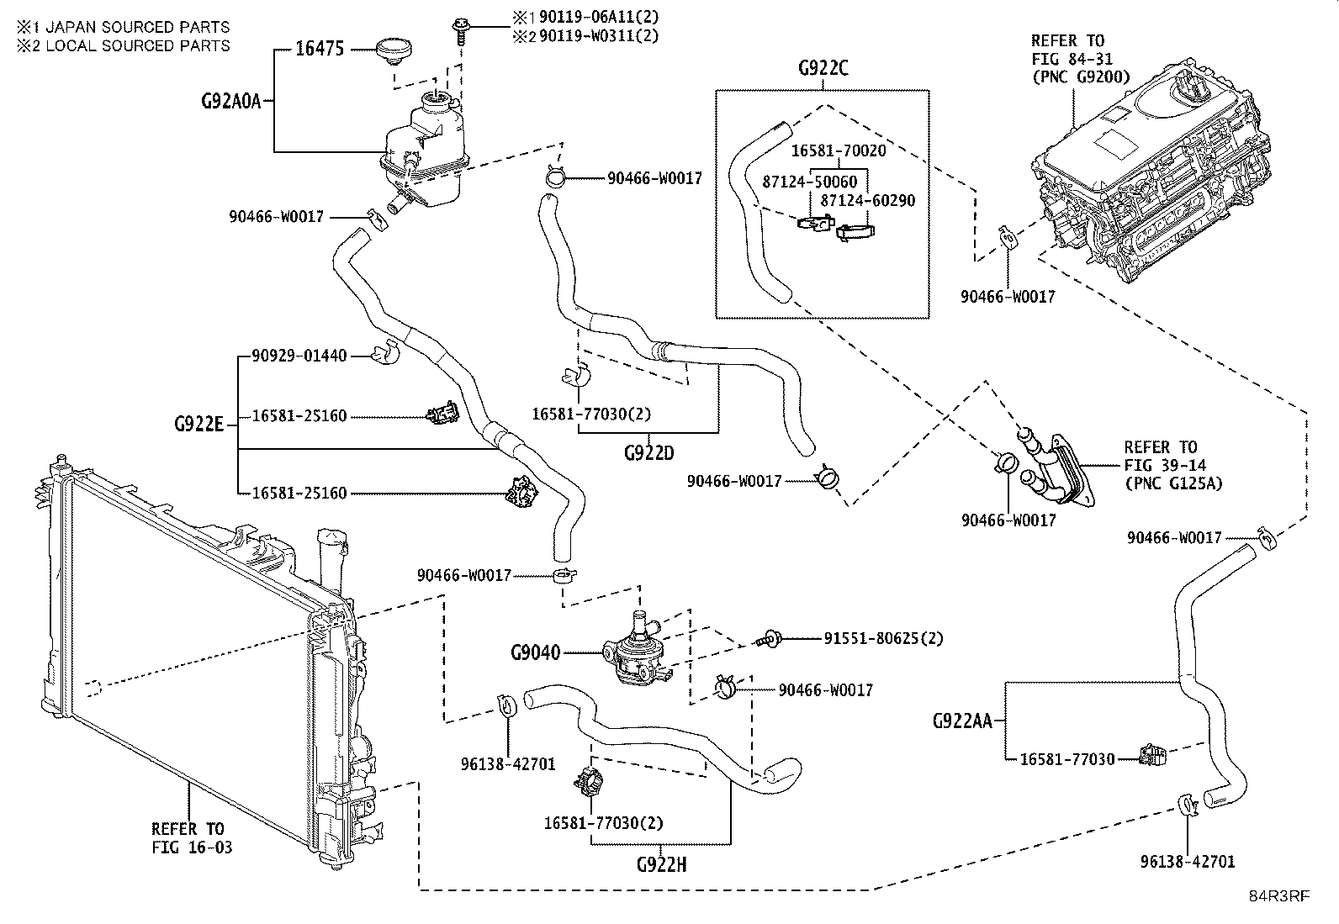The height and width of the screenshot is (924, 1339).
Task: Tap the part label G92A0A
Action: (x=231, y=101)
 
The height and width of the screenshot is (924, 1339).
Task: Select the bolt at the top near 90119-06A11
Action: (x=461, y=31)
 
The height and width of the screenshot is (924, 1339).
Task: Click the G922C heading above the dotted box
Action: (x=823, y=68)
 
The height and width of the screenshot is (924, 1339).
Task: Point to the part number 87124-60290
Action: (x=867, y=200)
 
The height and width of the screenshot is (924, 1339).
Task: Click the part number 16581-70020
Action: (x=838, y=150)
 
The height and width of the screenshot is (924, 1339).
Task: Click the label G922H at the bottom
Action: (x=661, y=864)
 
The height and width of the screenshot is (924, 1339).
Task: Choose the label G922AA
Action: (x=962, y=721)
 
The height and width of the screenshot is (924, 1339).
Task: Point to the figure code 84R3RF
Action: (x=1279, y=895)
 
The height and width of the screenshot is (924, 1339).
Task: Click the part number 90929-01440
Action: (x=299, y=356)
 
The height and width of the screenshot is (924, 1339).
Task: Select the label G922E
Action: (x=198, y=425)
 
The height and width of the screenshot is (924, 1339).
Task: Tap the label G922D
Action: (x=648, y=453)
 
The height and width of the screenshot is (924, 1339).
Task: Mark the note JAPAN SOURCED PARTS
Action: (x=137, y=27)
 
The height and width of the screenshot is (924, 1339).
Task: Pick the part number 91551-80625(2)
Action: (x=883, y=638)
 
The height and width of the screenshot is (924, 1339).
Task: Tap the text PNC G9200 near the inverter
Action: (x=1082, y=77)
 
